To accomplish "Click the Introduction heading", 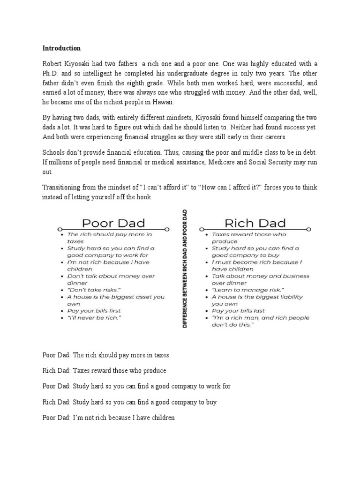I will (61, 48).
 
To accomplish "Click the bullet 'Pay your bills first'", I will (94, 311).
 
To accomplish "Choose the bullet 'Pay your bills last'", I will (238, 311).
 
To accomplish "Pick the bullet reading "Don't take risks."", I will (91, 290).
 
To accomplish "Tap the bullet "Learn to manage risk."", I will (242, 290).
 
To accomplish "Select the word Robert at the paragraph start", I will (53, 64).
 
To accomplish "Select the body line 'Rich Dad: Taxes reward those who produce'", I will (104, 371).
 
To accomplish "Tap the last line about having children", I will (108, 417).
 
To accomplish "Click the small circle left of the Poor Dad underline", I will (60, 229).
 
